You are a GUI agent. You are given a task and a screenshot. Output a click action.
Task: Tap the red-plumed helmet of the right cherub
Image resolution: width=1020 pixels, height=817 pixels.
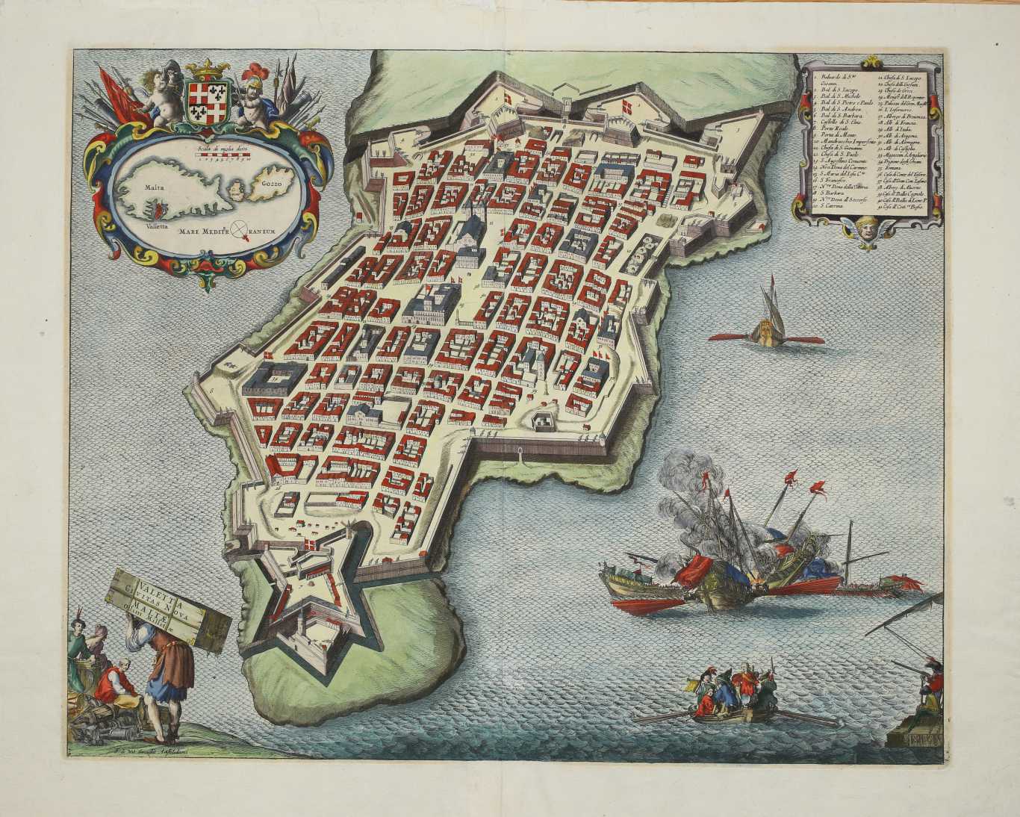(x=251, y=79)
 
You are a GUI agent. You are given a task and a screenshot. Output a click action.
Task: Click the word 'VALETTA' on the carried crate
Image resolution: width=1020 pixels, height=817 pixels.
(x=146, y=579)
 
